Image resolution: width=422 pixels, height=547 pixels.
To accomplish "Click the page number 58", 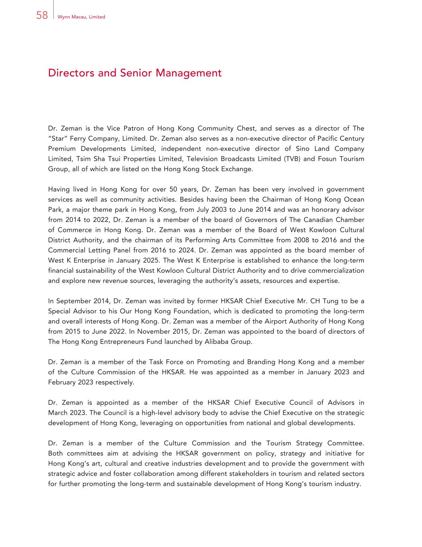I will point(42,16).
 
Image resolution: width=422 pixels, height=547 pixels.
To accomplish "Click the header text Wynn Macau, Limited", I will point(81,17).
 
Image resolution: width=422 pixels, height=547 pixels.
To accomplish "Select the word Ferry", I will point(81,139).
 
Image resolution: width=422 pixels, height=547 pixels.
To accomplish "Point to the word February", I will point(63,382).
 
